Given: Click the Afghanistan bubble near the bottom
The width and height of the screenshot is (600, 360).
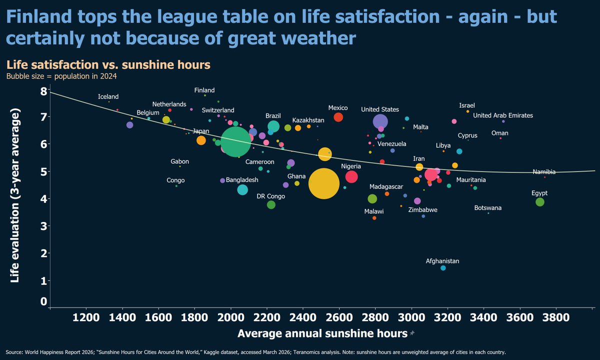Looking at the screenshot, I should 443,268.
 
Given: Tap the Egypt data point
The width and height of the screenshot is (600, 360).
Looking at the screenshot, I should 539,202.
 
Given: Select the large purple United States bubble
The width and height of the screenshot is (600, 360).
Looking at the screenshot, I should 380,121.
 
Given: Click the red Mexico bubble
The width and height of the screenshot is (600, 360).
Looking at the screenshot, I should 338,117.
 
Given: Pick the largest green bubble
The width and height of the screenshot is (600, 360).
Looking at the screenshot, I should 235,142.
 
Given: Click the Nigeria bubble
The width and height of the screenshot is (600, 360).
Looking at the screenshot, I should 351,176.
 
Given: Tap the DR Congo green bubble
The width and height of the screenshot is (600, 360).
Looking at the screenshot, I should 271,204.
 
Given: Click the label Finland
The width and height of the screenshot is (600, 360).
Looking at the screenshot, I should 204,90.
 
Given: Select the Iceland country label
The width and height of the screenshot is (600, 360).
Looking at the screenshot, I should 108,96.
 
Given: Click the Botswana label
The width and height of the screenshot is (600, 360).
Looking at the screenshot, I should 488,208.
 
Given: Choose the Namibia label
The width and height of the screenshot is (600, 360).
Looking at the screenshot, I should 544,172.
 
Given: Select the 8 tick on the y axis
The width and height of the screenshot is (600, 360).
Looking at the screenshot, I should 43,91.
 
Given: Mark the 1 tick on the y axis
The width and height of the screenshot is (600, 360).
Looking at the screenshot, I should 43,280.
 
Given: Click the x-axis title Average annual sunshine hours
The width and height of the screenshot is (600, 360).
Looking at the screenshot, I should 322,333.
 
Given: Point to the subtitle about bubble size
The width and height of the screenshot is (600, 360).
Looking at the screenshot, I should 61,76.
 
